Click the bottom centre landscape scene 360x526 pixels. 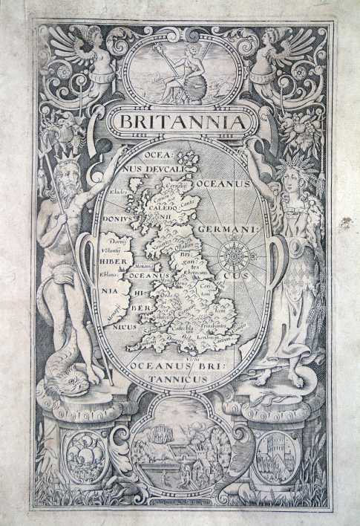pos(180,446)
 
